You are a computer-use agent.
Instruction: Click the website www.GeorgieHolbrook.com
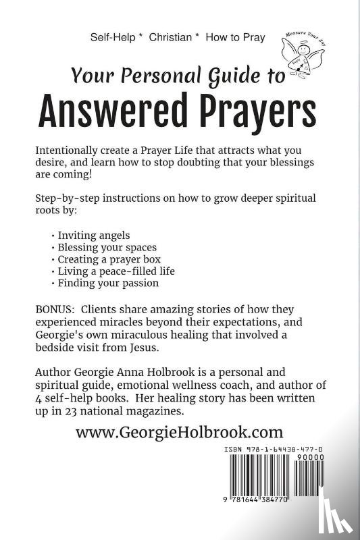click(180, 432)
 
